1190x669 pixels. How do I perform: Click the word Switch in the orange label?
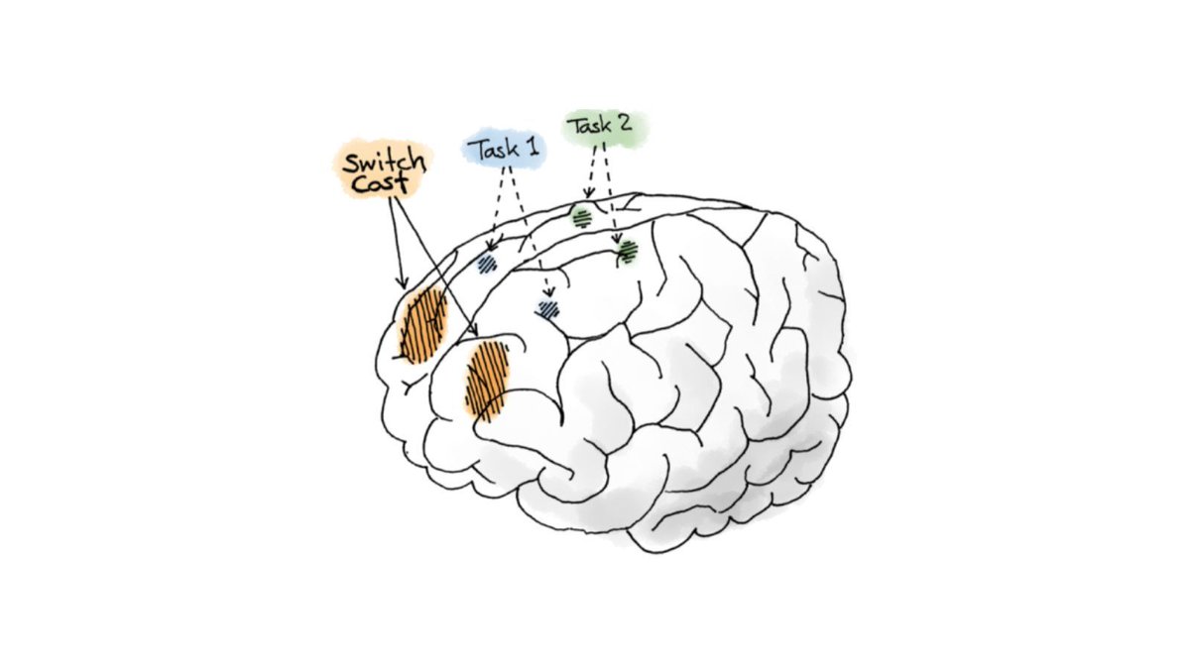384,162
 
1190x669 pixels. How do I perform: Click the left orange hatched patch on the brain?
423,325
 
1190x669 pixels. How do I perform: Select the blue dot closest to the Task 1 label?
486,264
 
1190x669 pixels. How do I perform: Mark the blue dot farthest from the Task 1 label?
547,308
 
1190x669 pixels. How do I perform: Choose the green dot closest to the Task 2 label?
582,216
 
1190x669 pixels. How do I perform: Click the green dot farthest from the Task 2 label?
627,254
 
